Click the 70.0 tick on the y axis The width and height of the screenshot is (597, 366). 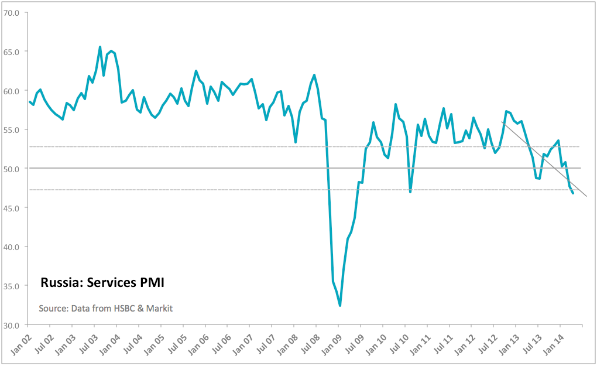pyautogui.click(x=12, y=12)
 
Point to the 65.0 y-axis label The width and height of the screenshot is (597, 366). pyautogui.click(x=12, y=52)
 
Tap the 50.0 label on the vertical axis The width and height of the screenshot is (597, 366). pyautogui.click(x=12, y=169)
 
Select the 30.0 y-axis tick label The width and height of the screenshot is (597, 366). pyautogui.click(x=12, y=325)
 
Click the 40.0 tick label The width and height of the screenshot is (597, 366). pyautogui.click(x=12, y=247)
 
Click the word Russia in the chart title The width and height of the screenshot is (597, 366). pyautogui.click(x=61, y=283)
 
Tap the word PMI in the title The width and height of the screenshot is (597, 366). pyautogui.click(x=151, y=283)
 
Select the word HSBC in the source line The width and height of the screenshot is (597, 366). pyautogui.click(x=119, y=308)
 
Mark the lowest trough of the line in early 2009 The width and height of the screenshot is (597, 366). pyautogui.click(x=340, y=306)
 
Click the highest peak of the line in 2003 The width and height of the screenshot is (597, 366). pyautogui.click(x=100, y=47)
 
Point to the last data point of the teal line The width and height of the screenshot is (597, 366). pyautogui.click(x=572, y=193)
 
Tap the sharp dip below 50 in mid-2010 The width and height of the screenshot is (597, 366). pyautogui.click(x=410, y=192)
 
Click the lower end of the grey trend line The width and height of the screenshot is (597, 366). pyautogui.click(x=586, y=196)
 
